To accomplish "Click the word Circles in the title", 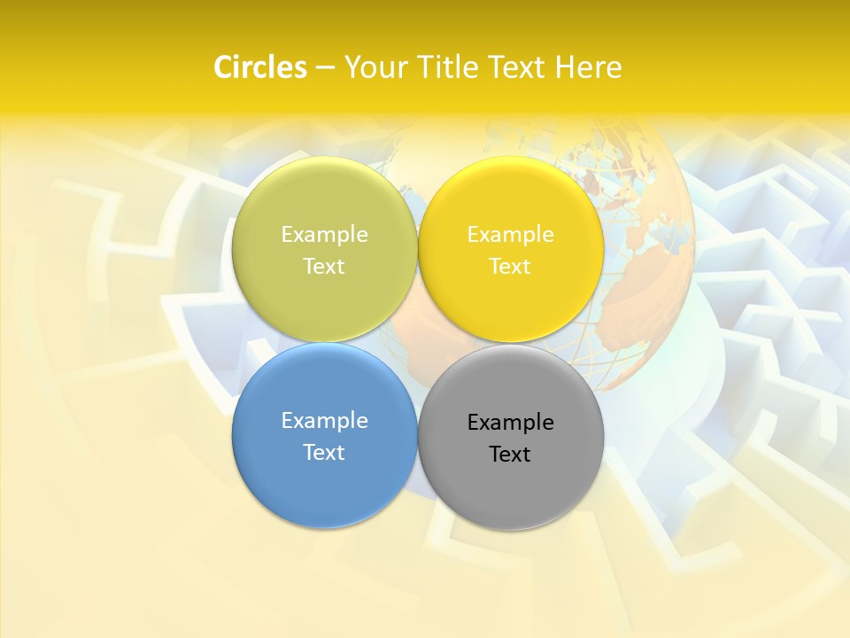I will pyautogui.click(x=259, y=67).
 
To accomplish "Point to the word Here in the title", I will pyautogui.click(x=589, y=67).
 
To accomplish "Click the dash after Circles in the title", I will pyautogui.click(x=324, y=68).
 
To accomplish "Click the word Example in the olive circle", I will pyautogui.click(x=324, y=234).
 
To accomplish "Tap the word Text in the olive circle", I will pyautogui.click(x=324, y=266).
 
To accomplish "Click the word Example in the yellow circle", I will pyautogui.click(x=510, y=234).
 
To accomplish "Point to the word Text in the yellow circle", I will pyautogui.click(x=510, y=266).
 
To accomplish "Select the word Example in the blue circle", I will pyautogui.click(x=324, y=420).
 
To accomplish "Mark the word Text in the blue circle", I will pyautogui.click(x=324, y=452).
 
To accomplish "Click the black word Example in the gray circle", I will pyautogui.click(x=510, y=422).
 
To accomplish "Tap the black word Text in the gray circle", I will pyautogui.click(x=510, y=454).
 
